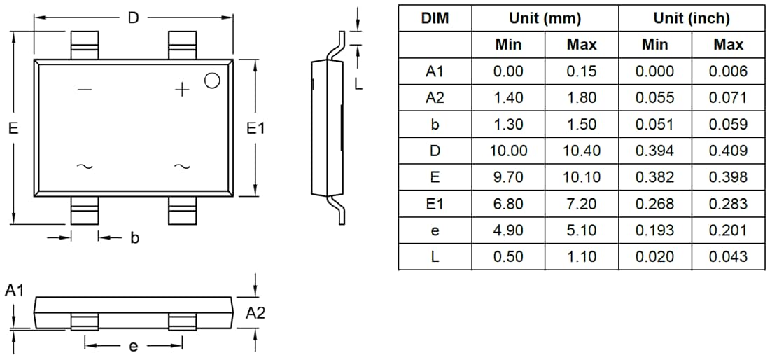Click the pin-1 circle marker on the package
click(212, 81)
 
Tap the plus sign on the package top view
click(182, 90)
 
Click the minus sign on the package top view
click(84, 90)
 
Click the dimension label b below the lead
click(134, 238)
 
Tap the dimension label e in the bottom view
click(134, 345)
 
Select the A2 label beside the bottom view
click(255, 314)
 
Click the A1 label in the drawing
click(15, 290)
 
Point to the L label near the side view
click(358, 84)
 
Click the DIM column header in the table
click(435, 18)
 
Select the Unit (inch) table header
click(691, 18)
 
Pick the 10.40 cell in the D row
click(581, 151)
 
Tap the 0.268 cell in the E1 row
click(654, 204)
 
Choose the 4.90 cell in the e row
click(507, 230)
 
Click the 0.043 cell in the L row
click(728, 257)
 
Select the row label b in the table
click(435, 125)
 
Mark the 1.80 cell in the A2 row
click(581, 98)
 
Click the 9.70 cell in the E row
click(507, 177)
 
